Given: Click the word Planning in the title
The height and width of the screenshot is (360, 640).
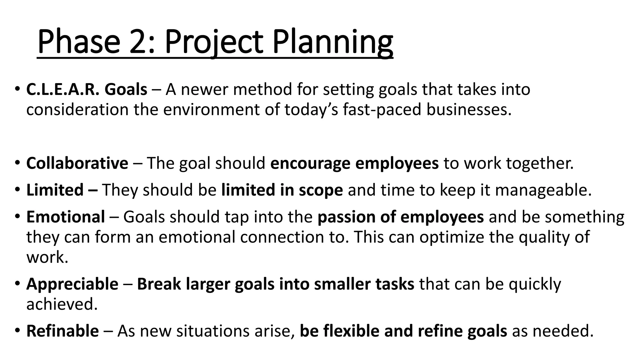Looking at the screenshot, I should (332, 42).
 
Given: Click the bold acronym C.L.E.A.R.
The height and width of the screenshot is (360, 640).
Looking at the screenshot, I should (63, 90).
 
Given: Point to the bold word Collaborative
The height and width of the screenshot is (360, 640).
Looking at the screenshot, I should (77, 163).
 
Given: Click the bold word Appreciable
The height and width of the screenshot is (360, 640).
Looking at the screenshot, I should (72, 284).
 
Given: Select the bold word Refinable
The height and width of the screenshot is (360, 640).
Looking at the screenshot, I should (62, 331).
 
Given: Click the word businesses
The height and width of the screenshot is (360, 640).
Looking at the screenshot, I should (469, 110).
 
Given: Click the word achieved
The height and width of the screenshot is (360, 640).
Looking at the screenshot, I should (62, 304).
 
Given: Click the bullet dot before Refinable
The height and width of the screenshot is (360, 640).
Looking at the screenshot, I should (17, 330).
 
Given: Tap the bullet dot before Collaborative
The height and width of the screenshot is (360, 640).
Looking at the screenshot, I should (17, 163).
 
